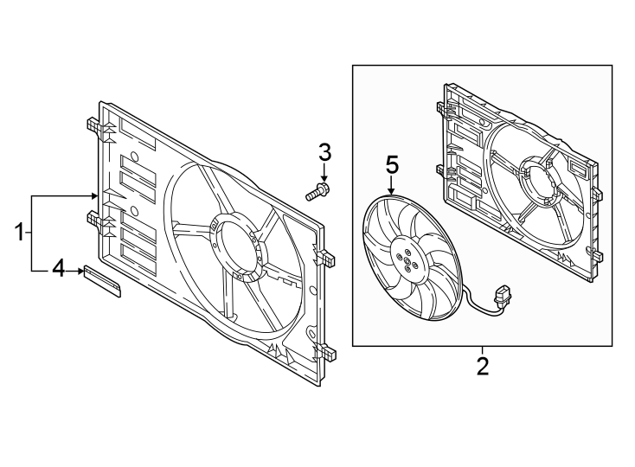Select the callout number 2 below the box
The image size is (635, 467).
483,366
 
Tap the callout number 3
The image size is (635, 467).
324,153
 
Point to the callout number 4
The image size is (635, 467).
58,270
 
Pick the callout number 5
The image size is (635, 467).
391,163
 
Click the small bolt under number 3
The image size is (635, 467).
317,191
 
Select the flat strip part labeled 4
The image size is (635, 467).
103,282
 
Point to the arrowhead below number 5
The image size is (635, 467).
391,189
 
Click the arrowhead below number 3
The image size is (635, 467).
324,176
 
